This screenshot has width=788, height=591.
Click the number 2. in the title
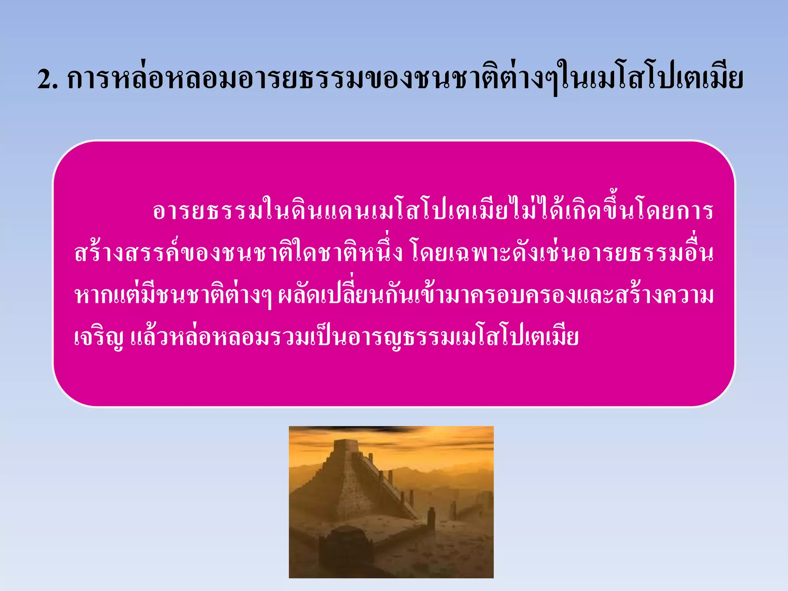click(48, 80)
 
